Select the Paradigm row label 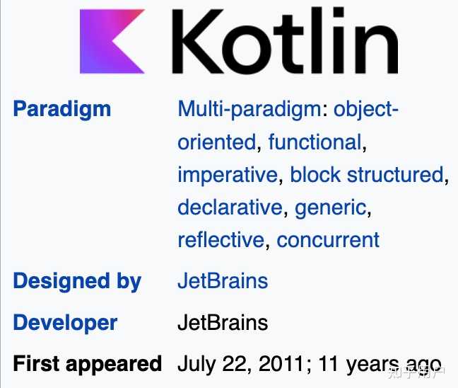tap(62, 109)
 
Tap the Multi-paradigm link tap(250, 109)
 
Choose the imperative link tap(228, 174)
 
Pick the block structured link tap(367, 174)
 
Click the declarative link tap(230, 207)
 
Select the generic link tap(331, 207)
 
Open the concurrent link tap(328, 239)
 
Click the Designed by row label tap(77, 280)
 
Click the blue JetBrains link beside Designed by tap(223, 280)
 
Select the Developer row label tap(65, 323)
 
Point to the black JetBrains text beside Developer tap(223, 323)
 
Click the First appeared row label tap(88, 364)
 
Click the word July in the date tap(196, 364)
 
